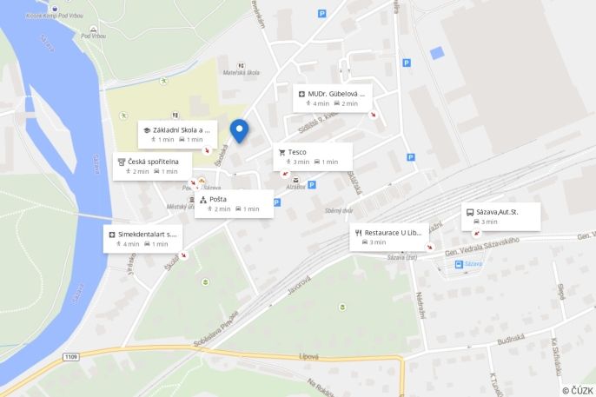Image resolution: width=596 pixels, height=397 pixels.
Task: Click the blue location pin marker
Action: [x=239, y=130]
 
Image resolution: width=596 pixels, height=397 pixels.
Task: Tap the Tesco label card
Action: [x=313, y=156]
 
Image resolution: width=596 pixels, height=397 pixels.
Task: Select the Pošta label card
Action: [x=234, y=204]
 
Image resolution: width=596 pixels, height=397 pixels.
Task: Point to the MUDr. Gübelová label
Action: [x=334, y=97]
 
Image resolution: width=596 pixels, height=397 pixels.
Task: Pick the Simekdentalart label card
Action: [x=142, y=239]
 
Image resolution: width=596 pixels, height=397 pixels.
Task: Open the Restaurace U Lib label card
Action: [x=389, y=237]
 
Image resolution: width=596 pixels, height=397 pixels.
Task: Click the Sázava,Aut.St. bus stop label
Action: [x=500, y=216]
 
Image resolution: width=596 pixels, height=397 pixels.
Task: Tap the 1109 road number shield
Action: [x=71, y=357]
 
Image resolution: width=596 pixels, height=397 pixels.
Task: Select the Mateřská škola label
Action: [x=241, y=73]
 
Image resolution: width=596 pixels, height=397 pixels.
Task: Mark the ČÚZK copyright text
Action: [x=577, y=390]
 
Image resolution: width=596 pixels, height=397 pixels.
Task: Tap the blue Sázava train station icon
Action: [x=459, y=263]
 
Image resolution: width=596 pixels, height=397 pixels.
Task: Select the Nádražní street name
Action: [x=420, y=308]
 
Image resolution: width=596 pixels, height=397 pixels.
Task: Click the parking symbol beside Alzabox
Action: [x=312, y=185]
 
